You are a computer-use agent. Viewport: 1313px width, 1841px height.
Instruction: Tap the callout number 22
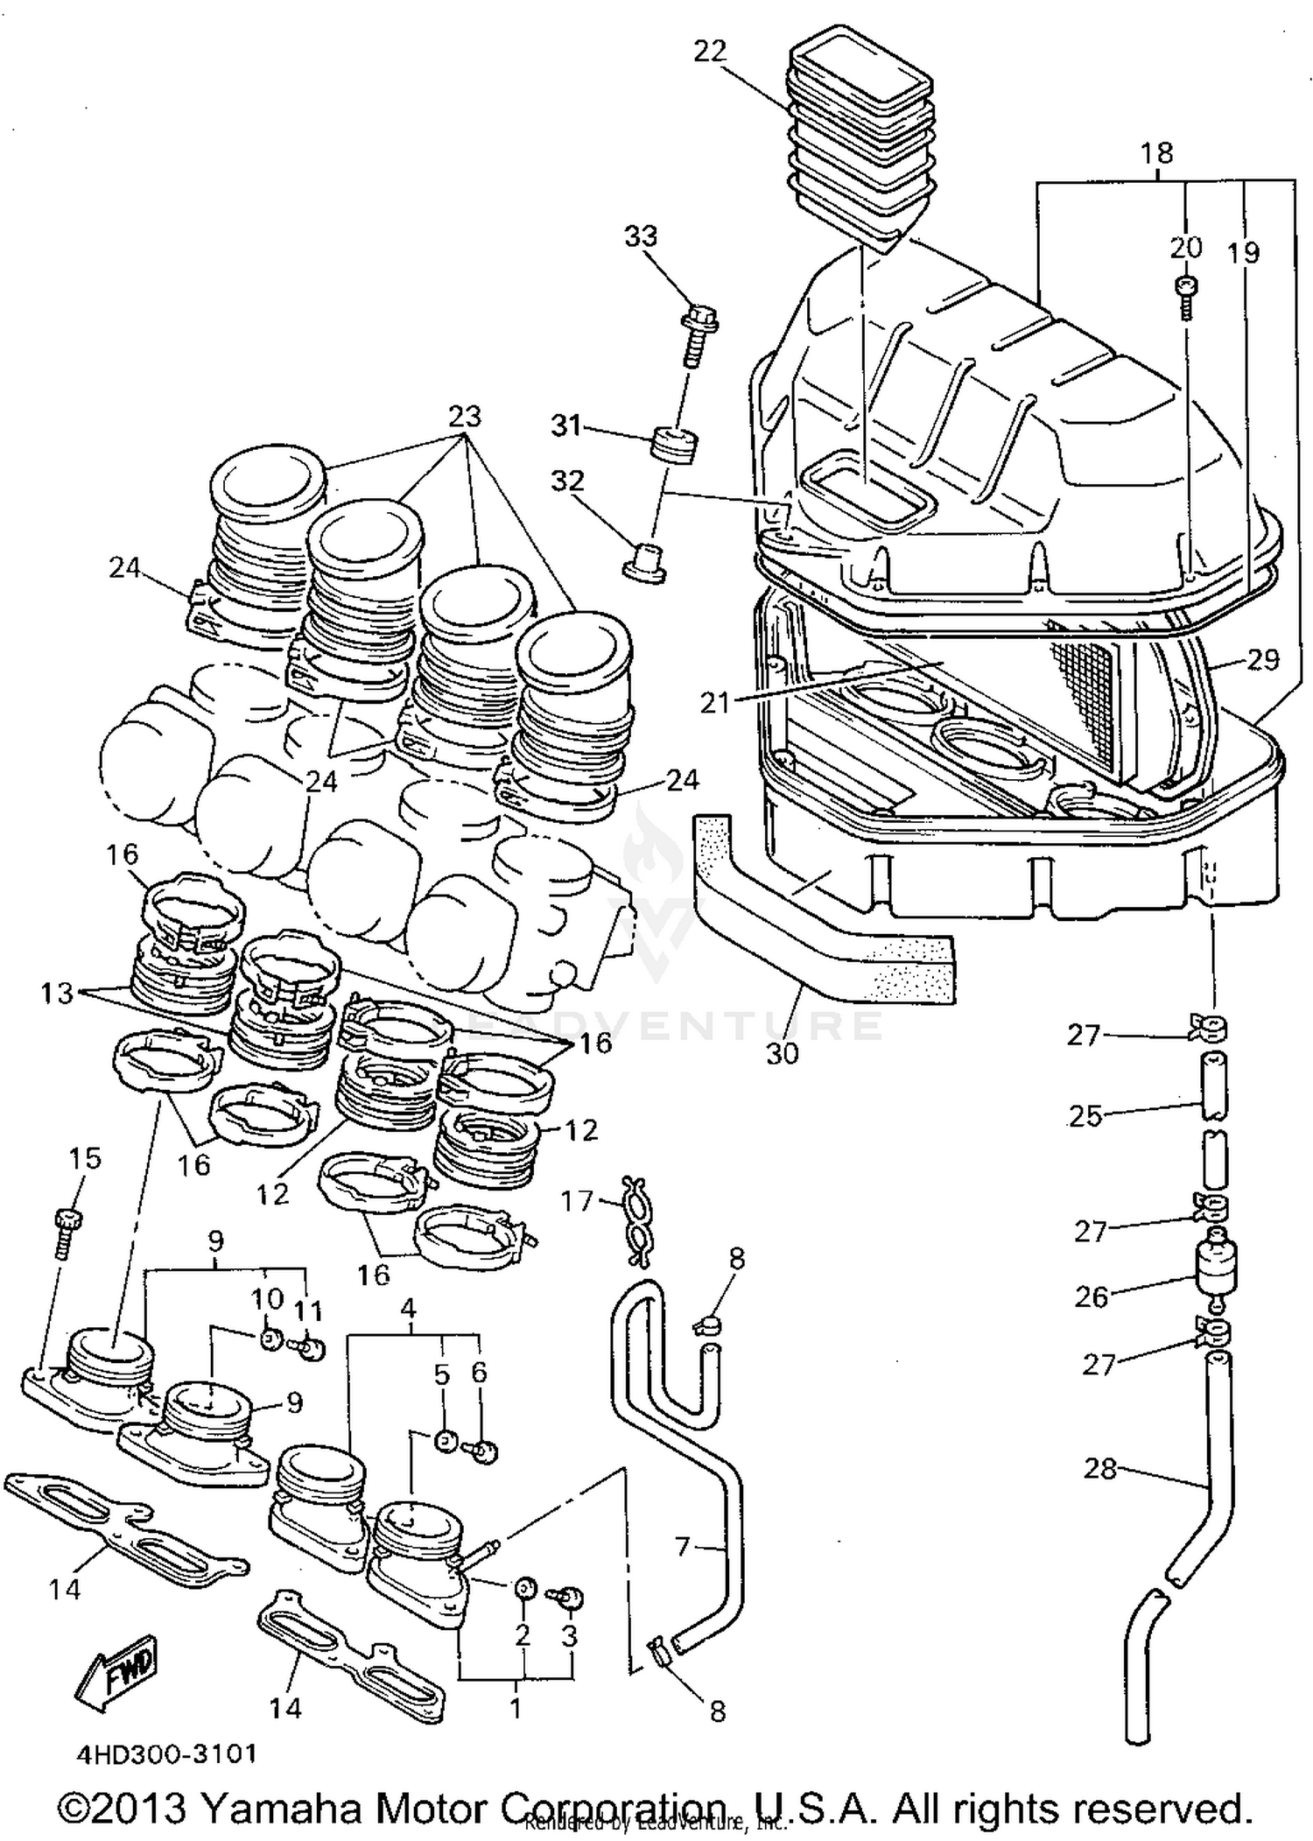(709, 53)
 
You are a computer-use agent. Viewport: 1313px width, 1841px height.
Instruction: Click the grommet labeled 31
(676, 441)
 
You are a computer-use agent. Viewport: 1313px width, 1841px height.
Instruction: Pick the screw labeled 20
(1187, 296)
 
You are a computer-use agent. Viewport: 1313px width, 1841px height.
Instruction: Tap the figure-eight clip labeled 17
(637, 1220)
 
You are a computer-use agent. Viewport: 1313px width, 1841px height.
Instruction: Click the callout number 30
(782, 1053)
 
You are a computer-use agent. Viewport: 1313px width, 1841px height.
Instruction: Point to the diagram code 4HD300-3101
(166, 1753)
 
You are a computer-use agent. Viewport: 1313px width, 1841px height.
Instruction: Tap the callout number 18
(1156, 153)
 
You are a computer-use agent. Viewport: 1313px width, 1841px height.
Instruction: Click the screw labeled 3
(569, 1598)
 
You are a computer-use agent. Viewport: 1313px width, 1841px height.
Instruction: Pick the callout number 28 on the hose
(1100, 1469)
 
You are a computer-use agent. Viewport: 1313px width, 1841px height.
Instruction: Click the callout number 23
(465, 416)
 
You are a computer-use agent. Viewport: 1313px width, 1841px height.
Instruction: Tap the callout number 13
(57, 993)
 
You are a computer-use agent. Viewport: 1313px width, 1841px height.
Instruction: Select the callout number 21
(714, 703)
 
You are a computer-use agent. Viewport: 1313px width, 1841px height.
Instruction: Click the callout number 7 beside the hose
(683, 1547)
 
